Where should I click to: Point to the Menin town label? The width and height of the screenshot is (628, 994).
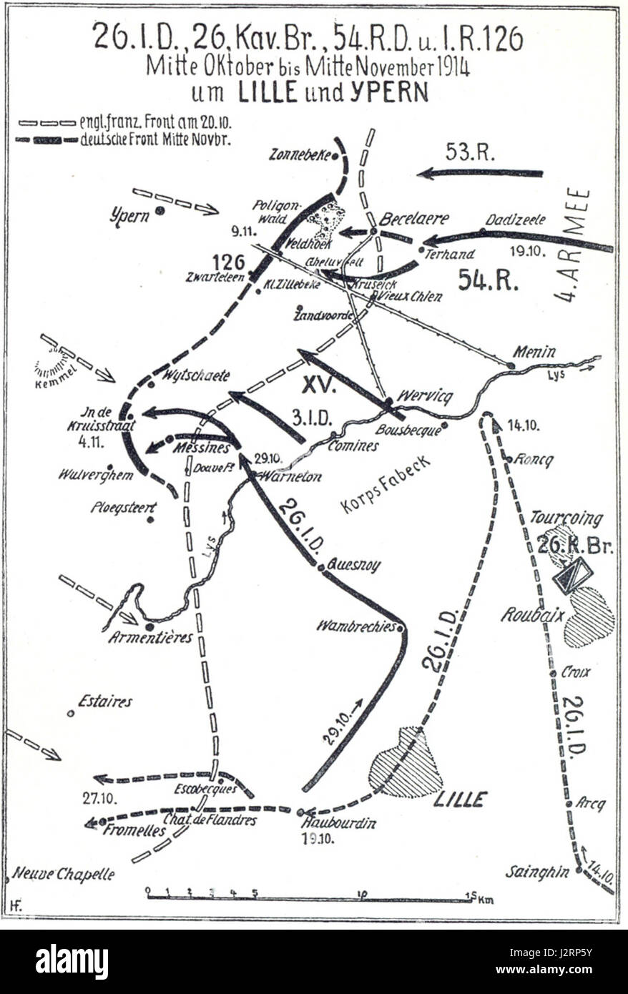534,351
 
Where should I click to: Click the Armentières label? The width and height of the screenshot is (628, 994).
151,637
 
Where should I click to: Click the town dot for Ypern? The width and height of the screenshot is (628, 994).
161,210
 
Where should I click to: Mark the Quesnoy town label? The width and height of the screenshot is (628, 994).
354,566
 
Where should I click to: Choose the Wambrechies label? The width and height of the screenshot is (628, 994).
356,626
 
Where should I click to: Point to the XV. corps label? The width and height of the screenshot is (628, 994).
319,385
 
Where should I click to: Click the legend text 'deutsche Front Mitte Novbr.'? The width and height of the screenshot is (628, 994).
155,140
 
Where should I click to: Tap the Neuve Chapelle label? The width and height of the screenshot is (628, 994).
64,874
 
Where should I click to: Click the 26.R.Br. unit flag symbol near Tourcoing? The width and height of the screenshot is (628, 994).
573,576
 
